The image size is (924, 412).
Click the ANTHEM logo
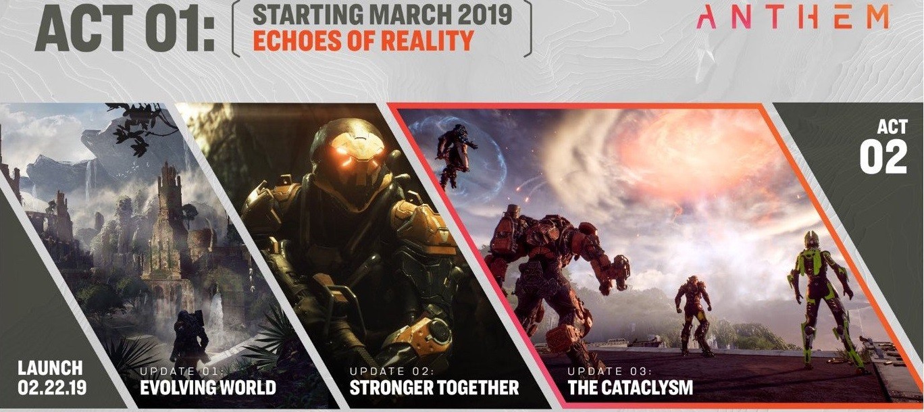point(792,18)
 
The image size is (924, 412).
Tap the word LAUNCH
point(50,368)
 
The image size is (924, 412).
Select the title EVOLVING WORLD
point(208,387)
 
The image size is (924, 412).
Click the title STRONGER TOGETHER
point(434,387)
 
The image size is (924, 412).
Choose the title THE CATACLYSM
point(630,387)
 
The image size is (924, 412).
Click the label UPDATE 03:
point(610,371)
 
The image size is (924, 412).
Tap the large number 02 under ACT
point(883,157)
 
